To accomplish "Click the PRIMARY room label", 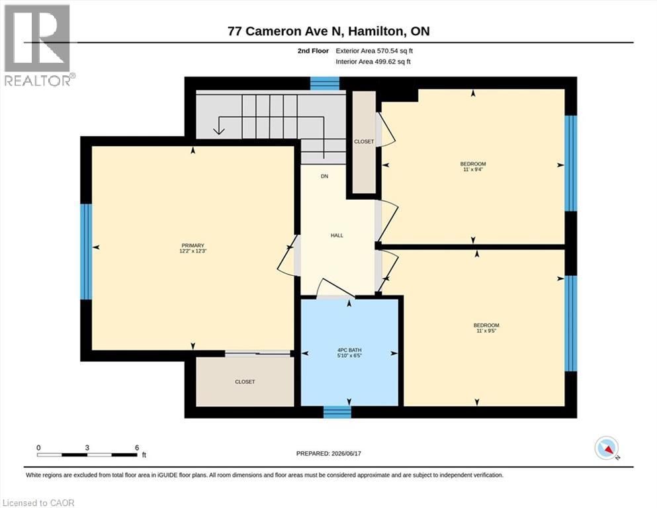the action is coord(193,245).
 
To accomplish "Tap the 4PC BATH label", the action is coord(349,350).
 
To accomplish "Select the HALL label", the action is coord(337,235).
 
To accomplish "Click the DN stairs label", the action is coord(324,177).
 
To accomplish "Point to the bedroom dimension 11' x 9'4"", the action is coord(473,169).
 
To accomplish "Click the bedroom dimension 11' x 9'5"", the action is coord(486,331).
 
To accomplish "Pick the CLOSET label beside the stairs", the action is coord(364,142).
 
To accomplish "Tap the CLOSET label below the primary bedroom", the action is coord(245,382).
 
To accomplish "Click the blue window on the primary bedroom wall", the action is coord(86,251).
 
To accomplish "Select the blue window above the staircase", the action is coord(325,83).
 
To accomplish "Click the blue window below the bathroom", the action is coord(337,412).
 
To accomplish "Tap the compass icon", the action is coord(607,448).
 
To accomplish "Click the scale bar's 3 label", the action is coord(87,448).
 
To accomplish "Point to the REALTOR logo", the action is coord(37,45).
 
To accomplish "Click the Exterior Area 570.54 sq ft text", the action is coord(374,51).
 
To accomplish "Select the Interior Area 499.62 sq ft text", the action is coord(373,62).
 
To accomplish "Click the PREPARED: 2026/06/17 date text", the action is coord(328,454).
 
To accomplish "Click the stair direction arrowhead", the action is coord(219,130).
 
